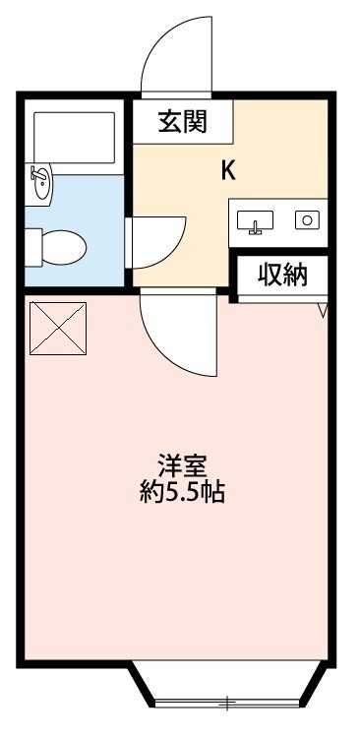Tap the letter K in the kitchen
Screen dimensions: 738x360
(x=227, y=170)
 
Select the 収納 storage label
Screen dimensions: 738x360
(x=282, y=276)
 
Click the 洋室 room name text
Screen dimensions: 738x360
(x=182, y=463)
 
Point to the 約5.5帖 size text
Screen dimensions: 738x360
(x=182, y=492)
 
